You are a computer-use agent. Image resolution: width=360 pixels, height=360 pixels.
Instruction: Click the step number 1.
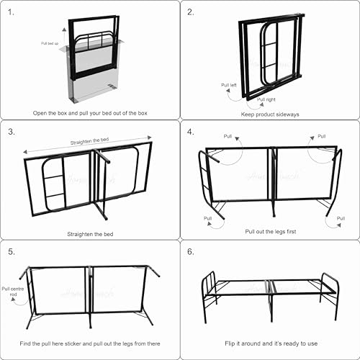click(11, 12)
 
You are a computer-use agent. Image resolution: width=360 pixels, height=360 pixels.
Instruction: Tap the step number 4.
click(191, 132)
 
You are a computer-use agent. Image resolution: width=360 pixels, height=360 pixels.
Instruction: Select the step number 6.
click(191, 251)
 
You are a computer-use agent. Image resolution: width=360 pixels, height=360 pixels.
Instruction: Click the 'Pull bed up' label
click(50, 43)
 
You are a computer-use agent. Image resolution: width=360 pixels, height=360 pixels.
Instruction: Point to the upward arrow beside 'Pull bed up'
click(64, 36)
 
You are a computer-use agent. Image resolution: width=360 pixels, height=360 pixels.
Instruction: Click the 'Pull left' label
click(229, 85)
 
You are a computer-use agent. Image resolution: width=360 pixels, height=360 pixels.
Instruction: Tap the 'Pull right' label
click(266, 99)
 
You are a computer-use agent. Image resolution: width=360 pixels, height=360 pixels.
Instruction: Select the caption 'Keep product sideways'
click(270, 114)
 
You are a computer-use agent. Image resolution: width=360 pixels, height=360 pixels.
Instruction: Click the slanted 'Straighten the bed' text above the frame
click(89, 141)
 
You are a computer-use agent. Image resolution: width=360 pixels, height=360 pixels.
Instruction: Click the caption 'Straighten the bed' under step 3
click(90, 234)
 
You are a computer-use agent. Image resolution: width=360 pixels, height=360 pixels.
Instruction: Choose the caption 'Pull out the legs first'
click(271, 232)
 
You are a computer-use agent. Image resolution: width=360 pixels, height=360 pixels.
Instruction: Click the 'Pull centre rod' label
click(13, 292)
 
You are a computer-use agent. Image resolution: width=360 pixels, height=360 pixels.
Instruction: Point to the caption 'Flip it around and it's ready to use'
click(271, 343)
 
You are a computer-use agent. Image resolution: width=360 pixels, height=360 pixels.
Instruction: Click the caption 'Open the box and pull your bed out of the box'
click(90, 113)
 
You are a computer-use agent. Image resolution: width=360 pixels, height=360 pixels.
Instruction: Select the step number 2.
click(191, 12)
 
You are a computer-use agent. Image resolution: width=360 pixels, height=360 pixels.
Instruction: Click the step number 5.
click(12, 251)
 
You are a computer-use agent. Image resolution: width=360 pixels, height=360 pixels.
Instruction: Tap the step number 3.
click(12, 132)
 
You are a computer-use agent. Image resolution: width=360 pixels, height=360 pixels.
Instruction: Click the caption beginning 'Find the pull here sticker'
click(90, 343)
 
